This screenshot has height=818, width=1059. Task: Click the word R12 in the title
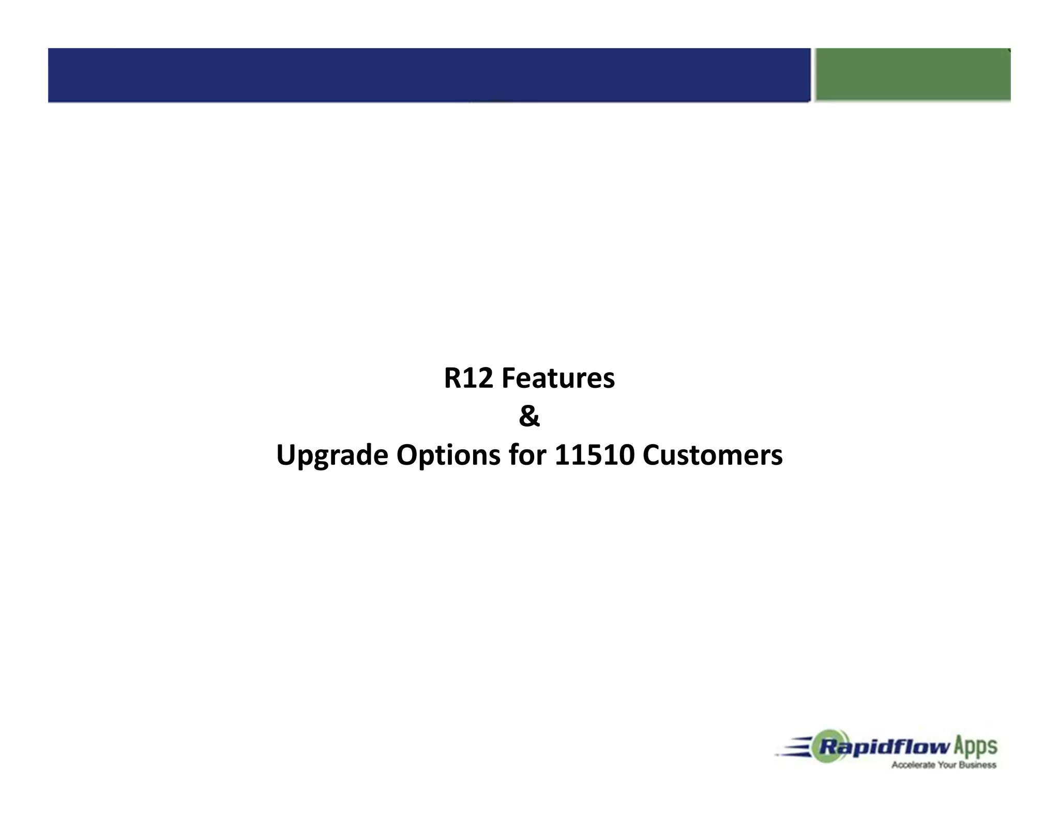(x=468, y=378)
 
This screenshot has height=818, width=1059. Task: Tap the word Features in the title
(x=558, y=378)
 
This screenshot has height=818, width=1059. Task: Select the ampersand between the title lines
(x=529, y=417)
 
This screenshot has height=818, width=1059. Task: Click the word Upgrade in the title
(x=332, y=456)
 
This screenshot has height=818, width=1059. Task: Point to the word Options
(x=448, y=456)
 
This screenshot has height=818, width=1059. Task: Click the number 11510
(x=594, y=455)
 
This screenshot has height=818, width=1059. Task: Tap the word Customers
(x=713, y=455)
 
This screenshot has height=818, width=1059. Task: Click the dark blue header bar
(x=429, y=75)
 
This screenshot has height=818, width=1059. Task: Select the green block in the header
(x=913, y=75)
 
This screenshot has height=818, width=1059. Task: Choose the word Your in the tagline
(x=943, y=765)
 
